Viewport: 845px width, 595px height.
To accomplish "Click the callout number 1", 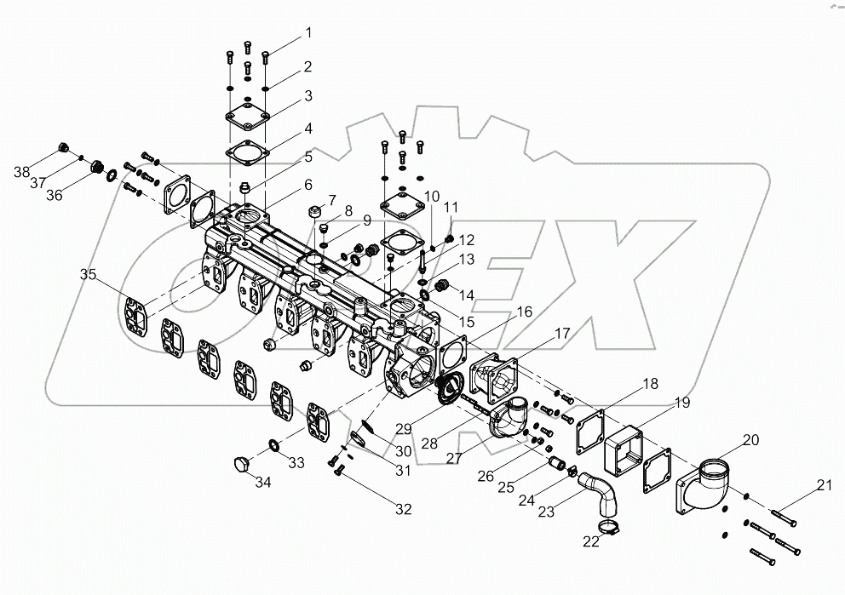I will (x=309, y=33).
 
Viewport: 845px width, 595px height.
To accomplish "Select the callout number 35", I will (x=89, y=274).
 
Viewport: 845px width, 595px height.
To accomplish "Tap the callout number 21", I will (x=823, y=486).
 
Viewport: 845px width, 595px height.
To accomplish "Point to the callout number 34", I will (x=263, y=483).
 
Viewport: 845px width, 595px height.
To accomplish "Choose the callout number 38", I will (x=21, y=173).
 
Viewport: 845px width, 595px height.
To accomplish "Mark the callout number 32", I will (x=402, y=509).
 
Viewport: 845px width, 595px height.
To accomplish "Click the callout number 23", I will (x=544, y=511).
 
